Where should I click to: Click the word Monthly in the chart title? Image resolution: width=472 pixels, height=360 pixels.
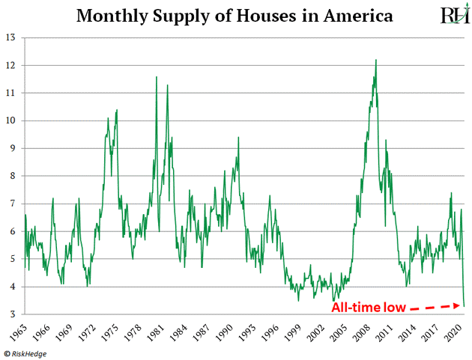pos(115,15)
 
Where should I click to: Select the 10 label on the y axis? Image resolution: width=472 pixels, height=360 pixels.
pos(13,120)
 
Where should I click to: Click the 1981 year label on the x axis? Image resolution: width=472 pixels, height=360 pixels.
pos(157,329)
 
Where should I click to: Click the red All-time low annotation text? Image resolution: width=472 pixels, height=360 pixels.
pos(366,307)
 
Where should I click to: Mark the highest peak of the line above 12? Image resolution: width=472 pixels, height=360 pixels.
pos(375,60)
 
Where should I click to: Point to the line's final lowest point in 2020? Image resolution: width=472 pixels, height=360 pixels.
pos(464,305)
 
